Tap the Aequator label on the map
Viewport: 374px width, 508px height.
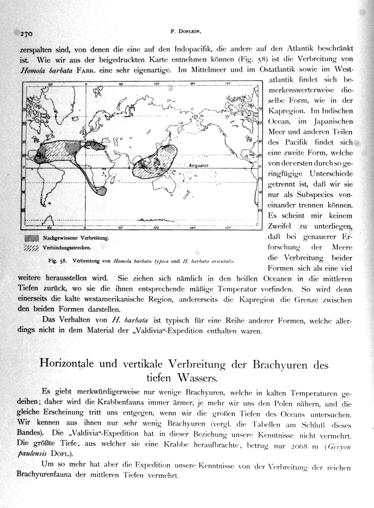pyautogui.click(x=198, y=166)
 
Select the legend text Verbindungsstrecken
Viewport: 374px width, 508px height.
pyautogui.click(x=68, y=247)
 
